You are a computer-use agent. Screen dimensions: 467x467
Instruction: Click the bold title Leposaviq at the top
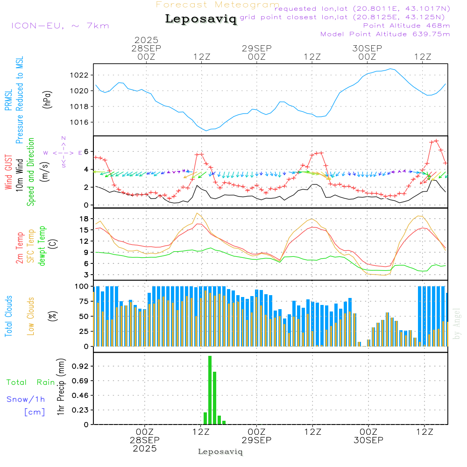point(201,19)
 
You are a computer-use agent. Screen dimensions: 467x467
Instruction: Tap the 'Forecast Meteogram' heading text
point(218,5)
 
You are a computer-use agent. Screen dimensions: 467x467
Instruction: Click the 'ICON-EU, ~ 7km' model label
point(60,26)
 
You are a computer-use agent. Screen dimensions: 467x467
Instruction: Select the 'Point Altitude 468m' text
point(406,26)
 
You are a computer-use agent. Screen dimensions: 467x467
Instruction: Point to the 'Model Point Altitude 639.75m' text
point(385,34)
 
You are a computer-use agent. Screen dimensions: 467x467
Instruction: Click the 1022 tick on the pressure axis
point(81,75)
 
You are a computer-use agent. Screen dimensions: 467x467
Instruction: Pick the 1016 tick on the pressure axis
point(81,122)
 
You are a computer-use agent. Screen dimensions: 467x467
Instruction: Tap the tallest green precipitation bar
point(210,390)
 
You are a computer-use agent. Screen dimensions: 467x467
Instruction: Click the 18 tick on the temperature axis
point(84,219)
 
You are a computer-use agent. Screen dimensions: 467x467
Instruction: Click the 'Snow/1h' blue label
point(26,399)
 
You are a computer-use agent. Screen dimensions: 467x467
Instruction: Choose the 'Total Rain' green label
point(30,382)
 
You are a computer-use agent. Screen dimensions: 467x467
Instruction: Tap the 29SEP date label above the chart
point(256,49)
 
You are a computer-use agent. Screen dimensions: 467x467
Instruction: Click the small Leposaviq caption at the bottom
point(220,452)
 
